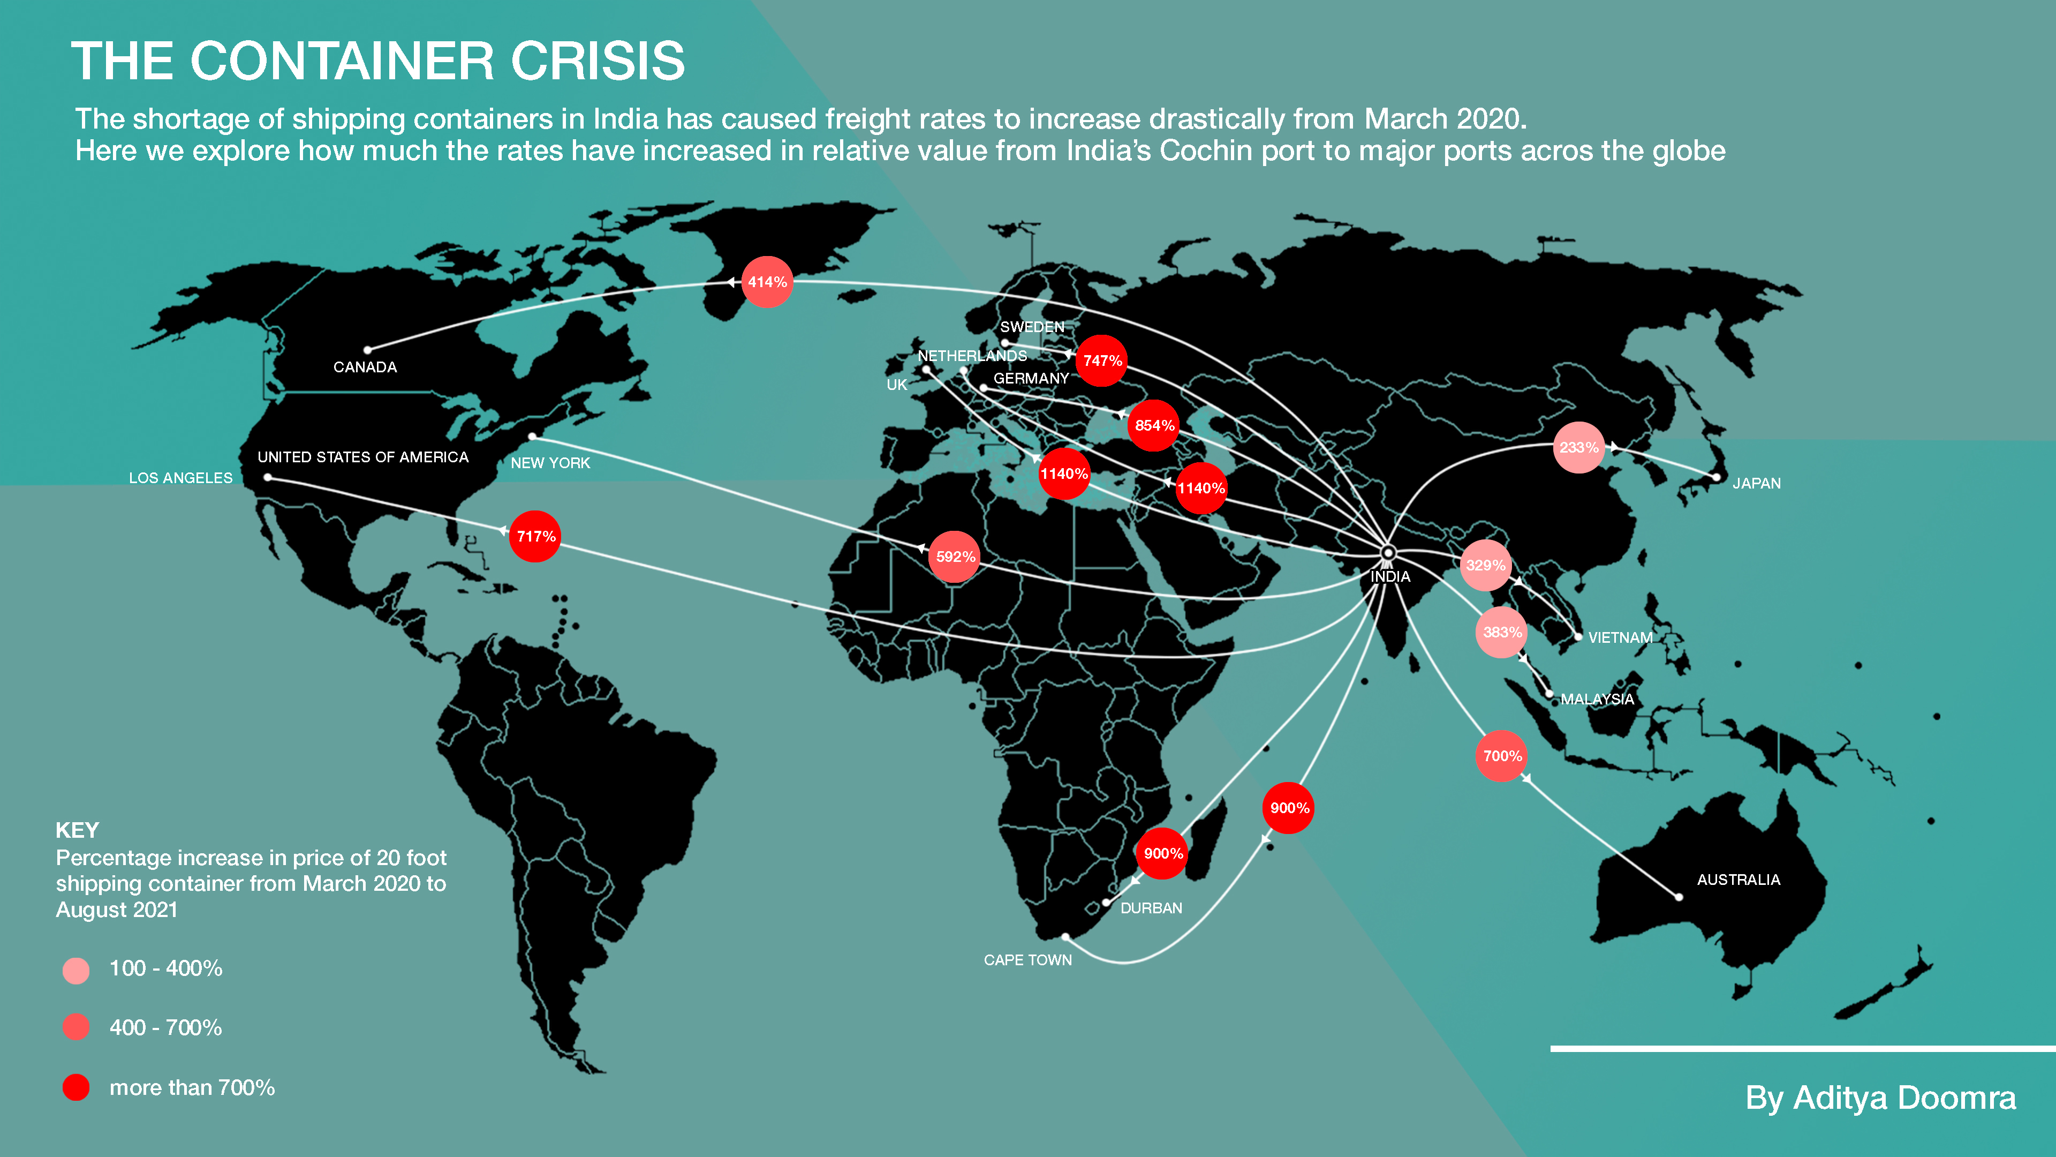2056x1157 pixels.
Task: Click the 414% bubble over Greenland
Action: tap(767, 282)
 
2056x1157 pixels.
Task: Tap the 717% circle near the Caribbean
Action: tap(535, 536)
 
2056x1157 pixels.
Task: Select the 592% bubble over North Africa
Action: tap(955, 557)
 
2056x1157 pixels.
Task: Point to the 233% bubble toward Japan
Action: tap(1579, 447)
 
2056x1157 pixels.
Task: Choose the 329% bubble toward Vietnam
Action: tap(1485, 565)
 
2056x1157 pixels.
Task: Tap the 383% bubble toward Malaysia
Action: tap(1501, 633)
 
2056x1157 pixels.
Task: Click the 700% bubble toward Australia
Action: tap(1501, 756)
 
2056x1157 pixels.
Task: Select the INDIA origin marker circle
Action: tap(1388, 553)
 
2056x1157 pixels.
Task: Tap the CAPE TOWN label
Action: tap(1027, 960)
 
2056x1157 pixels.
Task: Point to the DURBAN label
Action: tap(1151, 908)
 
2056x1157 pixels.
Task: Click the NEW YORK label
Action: tap(550, 463)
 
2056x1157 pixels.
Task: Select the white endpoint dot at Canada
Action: tap(367, 350)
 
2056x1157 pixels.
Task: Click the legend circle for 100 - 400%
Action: tap(76, 970)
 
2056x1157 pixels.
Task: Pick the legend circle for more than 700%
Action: tap(76, 1087)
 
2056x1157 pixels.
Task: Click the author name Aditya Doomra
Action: tap(1904, 1098)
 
